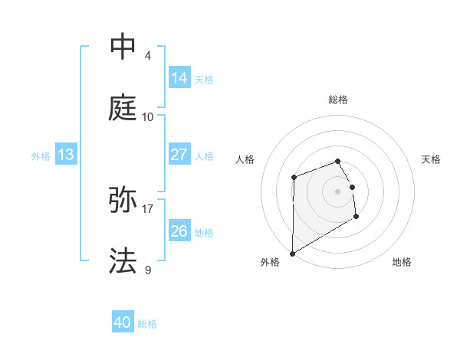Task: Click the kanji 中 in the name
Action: click(x=123, y=46)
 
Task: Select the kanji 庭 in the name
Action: click(x=123, y=108)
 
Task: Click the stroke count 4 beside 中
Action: click(x=148, y=55)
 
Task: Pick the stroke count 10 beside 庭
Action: click(x=148, y=116)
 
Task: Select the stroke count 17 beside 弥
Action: click(x=148, y=208)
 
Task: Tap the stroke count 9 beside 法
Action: click(x=148, y=270)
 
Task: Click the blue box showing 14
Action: click(x=179, y=78)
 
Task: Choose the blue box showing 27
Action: click(x=179, y=155)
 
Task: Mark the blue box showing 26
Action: click(x=179, y=231)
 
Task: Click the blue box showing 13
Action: click(x=65, y=155)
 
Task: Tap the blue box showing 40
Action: click(x=123, y=323)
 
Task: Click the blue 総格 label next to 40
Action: click(x=147, y=324)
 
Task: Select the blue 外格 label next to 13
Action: click(x=41, y=156)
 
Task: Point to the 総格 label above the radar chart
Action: click(x=338, y=100)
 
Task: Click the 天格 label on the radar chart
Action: click(x=431, y=159)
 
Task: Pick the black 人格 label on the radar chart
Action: click(x=245, y=159)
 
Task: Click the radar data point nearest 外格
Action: click(x=292, y=253)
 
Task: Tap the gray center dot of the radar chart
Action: click(x=338, y=191)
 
